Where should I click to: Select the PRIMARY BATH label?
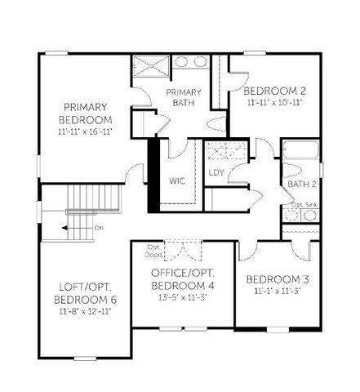coord(184,98)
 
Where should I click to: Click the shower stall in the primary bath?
coord(149,65)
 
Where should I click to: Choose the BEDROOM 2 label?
coord(273,90)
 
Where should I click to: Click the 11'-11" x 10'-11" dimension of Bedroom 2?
coord(273,103)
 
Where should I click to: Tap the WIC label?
coord(179,180)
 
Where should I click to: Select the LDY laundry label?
coord(216,172)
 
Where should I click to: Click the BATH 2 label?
coord(302,185)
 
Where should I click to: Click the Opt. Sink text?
coord(304,204)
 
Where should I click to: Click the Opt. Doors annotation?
coord(153,249)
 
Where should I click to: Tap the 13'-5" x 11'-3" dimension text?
coord(183,298)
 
